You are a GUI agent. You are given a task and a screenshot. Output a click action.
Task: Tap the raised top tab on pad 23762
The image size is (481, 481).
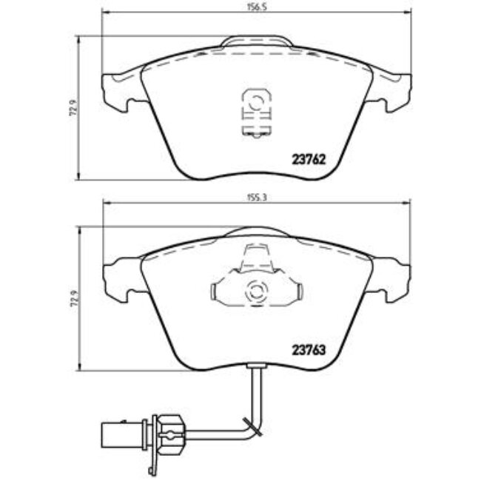[x=255, y=43]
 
